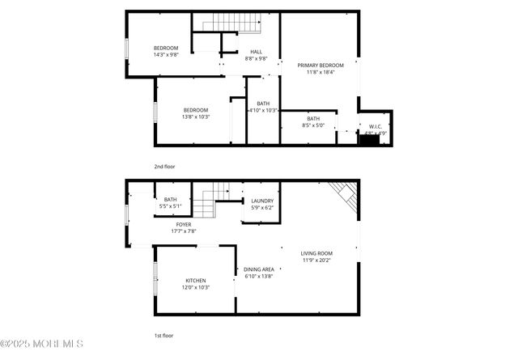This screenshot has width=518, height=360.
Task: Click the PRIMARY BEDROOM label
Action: [x=320, y=65]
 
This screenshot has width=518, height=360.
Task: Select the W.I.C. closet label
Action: [x=376, y=126]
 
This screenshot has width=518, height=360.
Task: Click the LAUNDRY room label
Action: [x=262, y=201]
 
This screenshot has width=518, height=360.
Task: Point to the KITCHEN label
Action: [x=196, y=281]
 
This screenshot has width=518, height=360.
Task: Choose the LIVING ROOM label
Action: [x=316, y=253]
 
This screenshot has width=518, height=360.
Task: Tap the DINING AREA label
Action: [x=259, y=269]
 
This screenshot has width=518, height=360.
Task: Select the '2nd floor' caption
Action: [x=164, y=167]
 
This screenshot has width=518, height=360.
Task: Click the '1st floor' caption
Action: [x=164, y=335]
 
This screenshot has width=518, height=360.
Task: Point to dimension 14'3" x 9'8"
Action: [x=166, y=55]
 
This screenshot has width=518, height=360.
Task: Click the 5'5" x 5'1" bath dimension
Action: [x=170, y=206]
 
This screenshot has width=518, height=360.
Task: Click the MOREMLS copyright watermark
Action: [x=42, y=343]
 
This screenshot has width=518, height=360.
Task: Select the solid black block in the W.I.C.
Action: [x=369, y=140]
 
